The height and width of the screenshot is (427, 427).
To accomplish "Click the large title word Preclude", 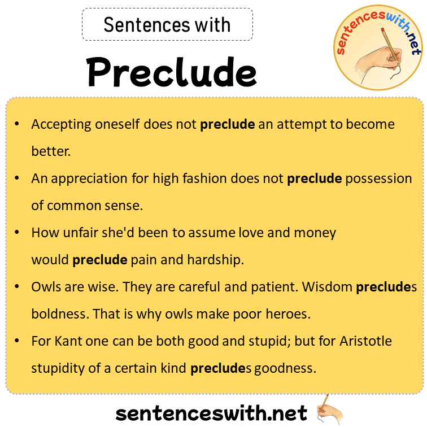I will coord(172,72).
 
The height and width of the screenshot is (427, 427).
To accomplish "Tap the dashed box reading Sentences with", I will coord(167,24).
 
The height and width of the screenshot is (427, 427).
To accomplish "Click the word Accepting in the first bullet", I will coord(57,124).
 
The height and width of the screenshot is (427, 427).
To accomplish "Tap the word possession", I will coord(378,178).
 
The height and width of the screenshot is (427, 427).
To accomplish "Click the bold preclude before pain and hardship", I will coord(100,260).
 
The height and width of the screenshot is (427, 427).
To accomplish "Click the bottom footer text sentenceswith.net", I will coord(212,412).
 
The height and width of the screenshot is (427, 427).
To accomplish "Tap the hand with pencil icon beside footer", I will coord(330,409).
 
